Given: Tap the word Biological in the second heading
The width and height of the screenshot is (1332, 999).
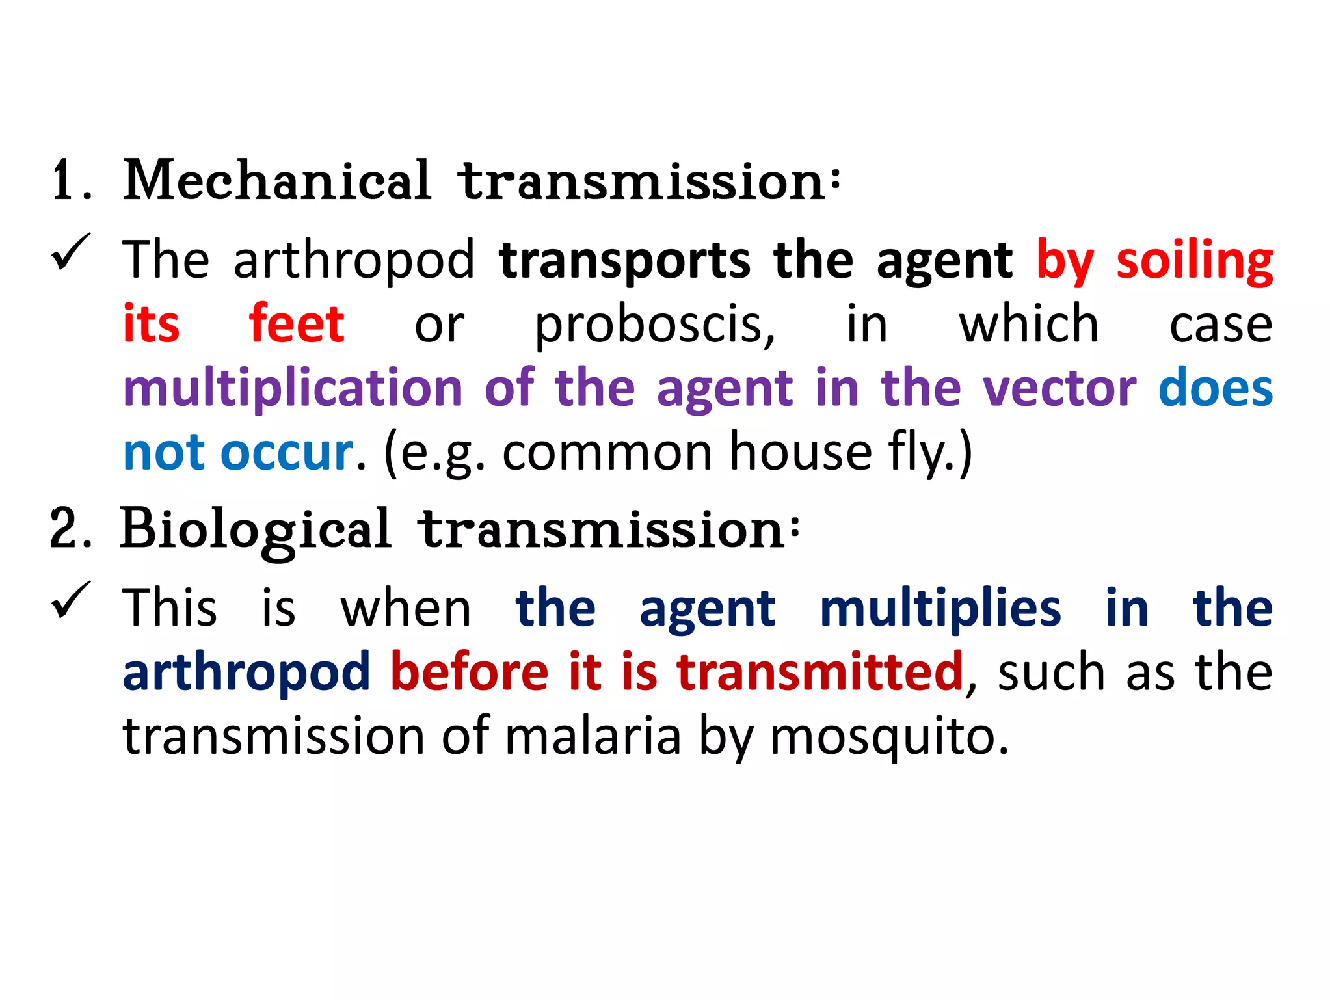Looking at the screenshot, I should (256, 529).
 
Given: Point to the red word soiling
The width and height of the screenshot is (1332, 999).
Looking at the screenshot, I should (1194, 261).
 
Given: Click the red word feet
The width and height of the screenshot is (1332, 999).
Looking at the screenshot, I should (297, 323).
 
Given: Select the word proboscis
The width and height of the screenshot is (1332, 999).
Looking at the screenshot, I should (654, 325).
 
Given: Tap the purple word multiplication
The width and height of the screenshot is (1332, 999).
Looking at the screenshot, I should (293, 388).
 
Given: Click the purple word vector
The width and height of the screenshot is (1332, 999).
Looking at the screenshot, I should (1059, 388).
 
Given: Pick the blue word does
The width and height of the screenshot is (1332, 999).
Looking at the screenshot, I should (1215, 388).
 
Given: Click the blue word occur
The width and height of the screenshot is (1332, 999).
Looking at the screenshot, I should (287, 452).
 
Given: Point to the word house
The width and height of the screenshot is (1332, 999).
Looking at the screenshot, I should (801, 452).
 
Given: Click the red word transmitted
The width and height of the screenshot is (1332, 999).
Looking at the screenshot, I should (819, 672).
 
